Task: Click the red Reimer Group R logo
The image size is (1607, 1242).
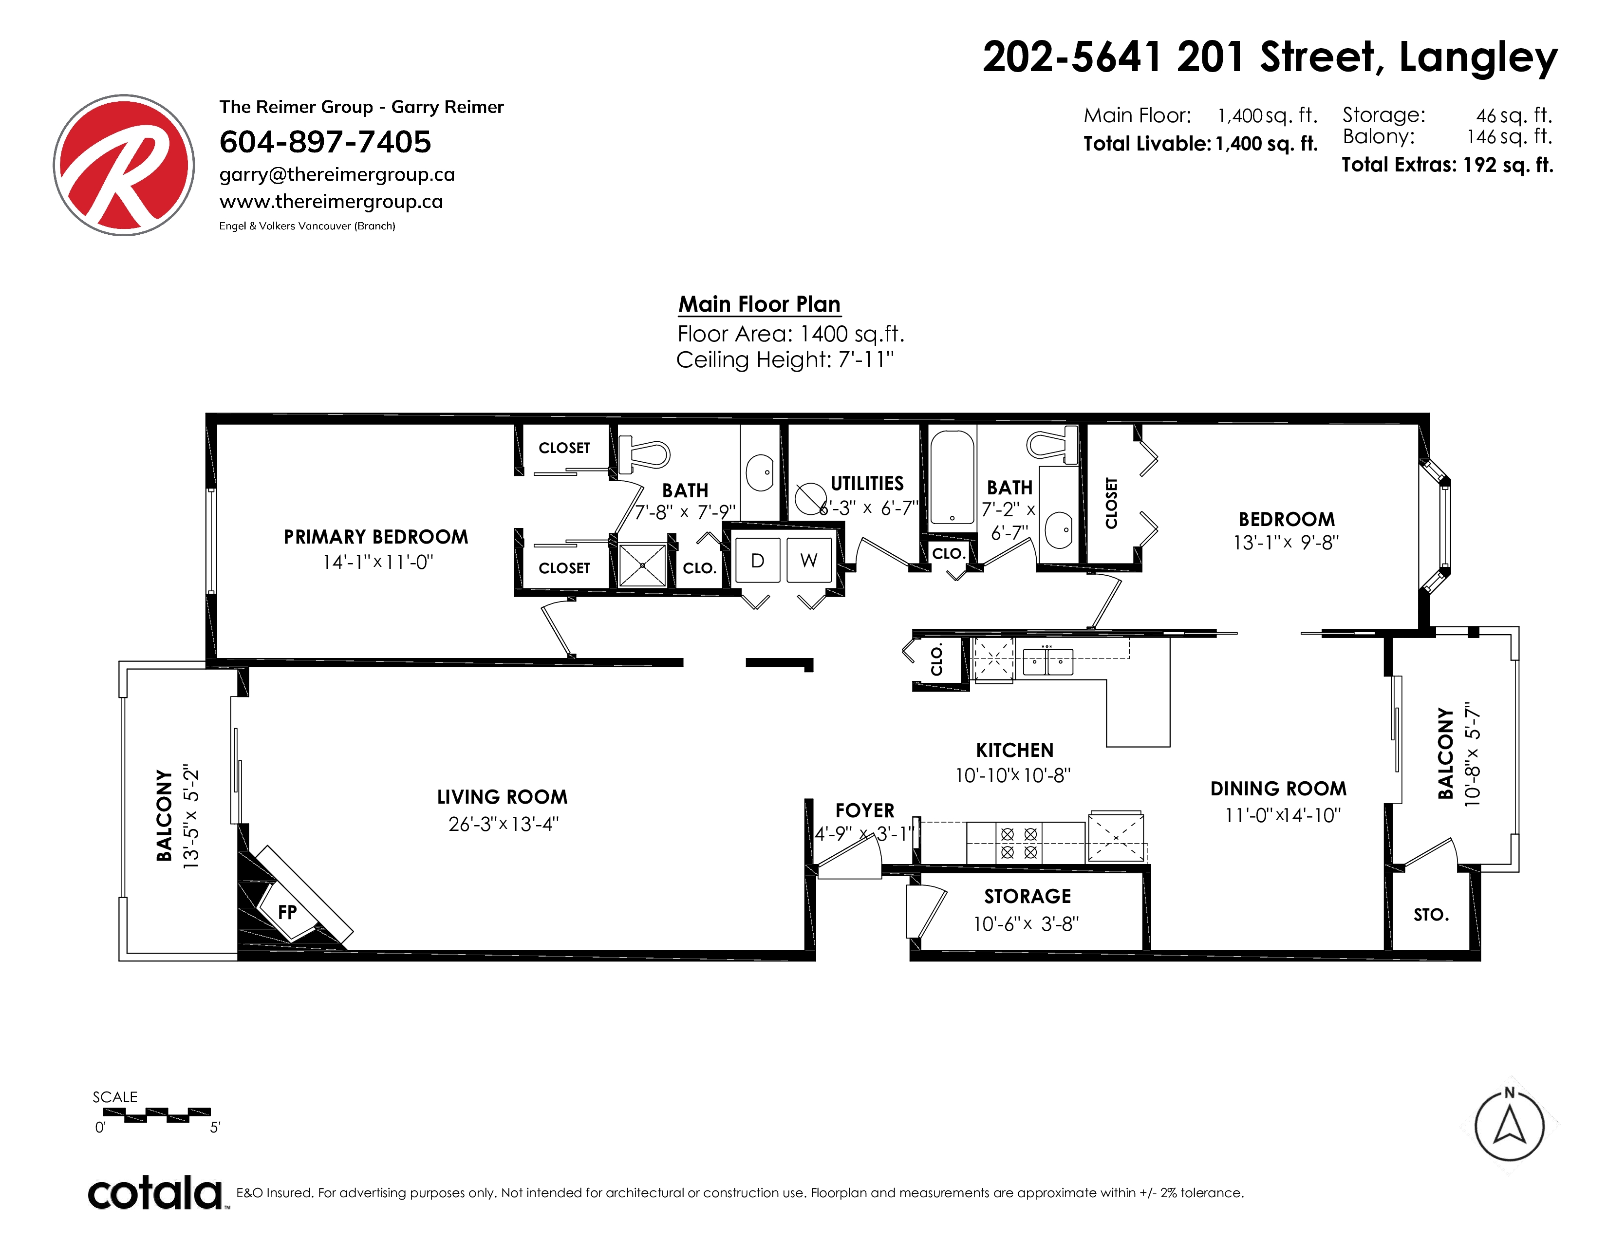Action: point(124,165)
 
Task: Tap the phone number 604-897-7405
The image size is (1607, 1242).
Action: point(325,142)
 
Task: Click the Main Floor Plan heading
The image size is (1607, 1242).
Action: point(759,304)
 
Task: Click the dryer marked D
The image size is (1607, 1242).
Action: point(757,561)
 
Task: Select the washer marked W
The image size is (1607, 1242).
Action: point(809,561)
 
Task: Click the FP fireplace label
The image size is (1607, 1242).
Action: point(287,912)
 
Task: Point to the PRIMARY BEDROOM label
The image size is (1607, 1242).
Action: point(376,537)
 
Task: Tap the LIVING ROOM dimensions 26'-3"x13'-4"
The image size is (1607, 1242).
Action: point(504,824)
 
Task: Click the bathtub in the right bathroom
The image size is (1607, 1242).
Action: point(952,477)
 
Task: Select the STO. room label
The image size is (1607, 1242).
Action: point(1431,915)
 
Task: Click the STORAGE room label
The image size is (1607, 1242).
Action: point(1028,896)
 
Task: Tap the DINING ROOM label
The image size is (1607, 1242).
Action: point(1279,789)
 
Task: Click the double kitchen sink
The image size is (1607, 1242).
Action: point(1048,661)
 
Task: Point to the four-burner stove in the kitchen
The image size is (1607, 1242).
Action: point(1019,843)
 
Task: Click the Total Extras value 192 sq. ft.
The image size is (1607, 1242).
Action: point(1509,165)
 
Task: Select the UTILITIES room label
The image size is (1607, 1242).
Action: point(867,484)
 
